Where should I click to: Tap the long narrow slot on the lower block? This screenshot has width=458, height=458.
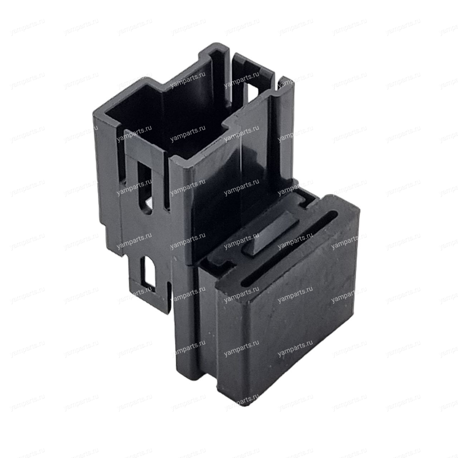pos(289,248)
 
